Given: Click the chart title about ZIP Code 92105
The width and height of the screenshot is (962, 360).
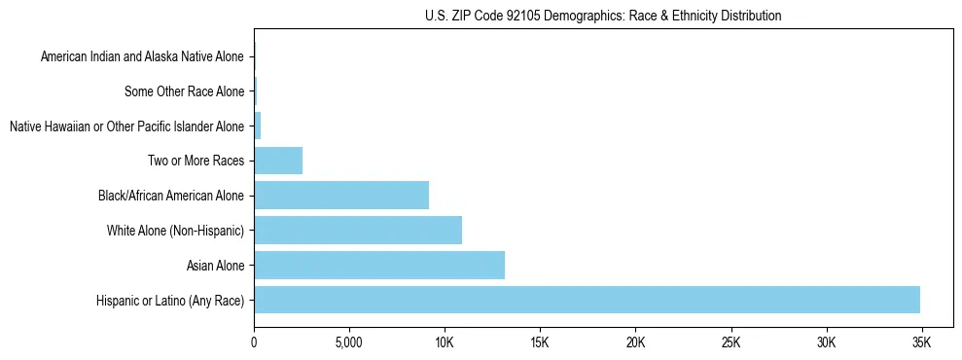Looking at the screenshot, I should tap(603, 16).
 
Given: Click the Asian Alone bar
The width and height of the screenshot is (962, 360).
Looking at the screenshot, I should tap(379, 265).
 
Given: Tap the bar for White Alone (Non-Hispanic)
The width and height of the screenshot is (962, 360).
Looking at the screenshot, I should tap(358, 230).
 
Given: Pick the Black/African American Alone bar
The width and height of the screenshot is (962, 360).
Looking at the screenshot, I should tap(341, 195).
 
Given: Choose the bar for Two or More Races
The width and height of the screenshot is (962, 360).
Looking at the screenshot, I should tap(278, 160).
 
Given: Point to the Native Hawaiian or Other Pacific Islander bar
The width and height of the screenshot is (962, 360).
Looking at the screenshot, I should tap(258, 126).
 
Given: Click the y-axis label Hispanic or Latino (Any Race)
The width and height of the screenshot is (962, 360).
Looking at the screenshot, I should tap(170, 301).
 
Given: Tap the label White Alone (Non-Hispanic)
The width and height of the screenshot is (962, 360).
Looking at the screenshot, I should tap(175, 231).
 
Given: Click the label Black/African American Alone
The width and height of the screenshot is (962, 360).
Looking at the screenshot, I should tap(171, 196).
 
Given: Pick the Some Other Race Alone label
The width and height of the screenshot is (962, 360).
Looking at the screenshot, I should tap(184, 91).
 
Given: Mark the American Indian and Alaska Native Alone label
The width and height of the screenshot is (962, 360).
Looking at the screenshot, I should tap(142, 56).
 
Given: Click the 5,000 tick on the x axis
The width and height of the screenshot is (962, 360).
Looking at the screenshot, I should tap(348, 342).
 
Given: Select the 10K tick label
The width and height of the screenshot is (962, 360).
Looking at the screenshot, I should tap(445, 342).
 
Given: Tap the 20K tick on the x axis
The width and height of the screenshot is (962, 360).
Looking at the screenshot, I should tap(635, 342).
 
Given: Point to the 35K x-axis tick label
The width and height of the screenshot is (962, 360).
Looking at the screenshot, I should tap(921, 342).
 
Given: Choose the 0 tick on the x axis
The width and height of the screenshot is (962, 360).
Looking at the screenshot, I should tap(254, 342).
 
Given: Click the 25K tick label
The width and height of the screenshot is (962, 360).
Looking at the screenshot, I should tap(730, 342).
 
